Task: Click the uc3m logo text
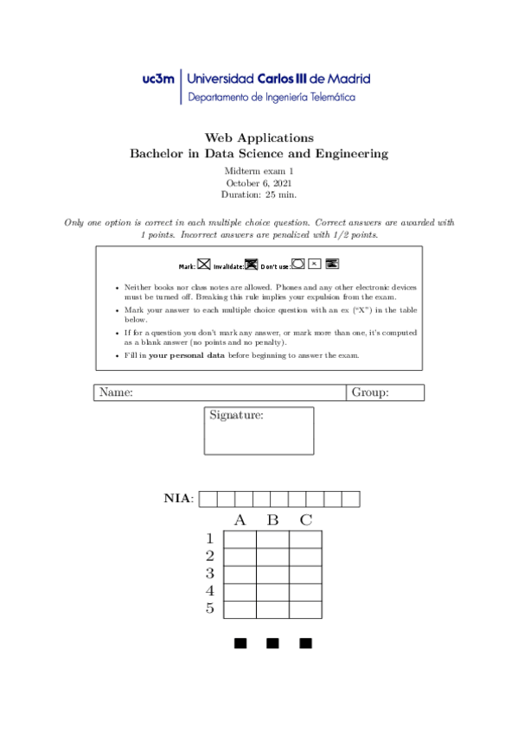[158, 79]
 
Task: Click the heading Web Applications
[259, 137]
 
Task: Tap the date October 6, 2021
[259, 183]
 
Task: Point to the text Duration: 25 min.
[259, 195]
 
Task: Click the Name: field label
[116, 393]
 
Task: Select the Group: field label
[370, 393]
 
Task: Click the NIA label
[179, 498]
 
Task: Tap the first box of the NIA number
[208, 499]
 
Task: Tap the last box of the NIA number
[350, 499]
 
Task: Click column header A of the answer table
[240, 520]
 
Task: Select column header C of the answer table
[305, 520]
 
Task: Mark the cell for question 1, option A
[240, 539]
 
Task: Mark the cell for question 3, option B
[272, 575]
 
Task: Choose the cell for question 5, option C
[305, 609]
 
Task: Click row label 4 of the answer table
[209, 591]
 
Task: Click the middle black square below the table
[272, 643]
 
